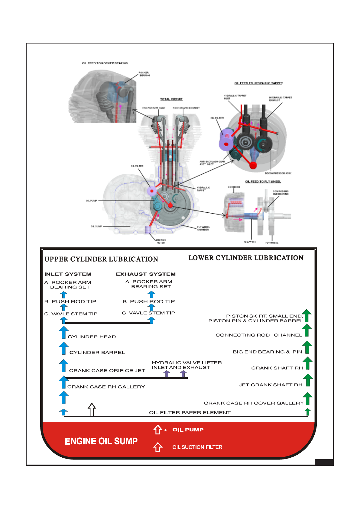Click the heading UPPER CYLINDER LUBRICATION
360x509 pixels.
tap(101, 259)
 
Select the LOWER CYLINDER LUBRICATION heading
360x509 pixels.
tap(246, 258)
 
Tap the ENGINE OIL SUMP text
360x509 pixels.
tap(101, 441)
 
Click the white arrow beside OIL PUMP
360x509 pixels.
tap(157, 430)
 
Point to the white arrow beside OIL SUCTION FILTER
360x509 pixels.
tap(157, 447)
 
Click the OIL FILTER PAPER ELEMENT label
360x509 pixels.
tap(190, 412)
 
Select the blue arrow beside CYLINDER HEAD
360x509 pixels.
tap(63, 333)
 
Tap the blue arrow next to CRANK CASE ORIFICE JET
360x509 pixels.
tap(63, 366)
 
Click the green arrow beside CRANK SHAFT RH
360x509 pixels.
tap(307, 363)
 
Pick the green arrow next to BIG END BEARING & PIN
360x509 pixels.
tap(307, 347)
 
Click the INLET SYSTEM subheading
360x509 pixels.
tap(68, 274)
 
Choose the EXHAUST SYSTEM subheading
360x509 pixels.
tap(146, 274)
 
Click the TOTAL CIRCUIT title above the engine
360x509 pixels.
tap(171, 99)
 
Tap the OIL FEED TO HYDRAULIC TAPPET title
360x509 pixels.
tap(258, 83)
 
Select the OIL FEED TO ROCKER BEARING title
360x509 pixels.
tap(105, 63)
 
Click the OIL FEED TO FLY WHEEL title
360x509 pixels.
tap(263, 182)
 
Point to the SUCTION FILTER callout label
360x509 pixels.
tap(161, 241)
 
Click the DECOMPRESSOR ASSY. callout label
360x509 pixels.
tap(278, 173)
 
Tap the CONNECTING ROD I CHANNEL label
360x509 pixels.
tap(259, 335)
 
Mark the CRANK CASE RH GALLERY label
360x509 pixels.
tap(106, 387)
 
